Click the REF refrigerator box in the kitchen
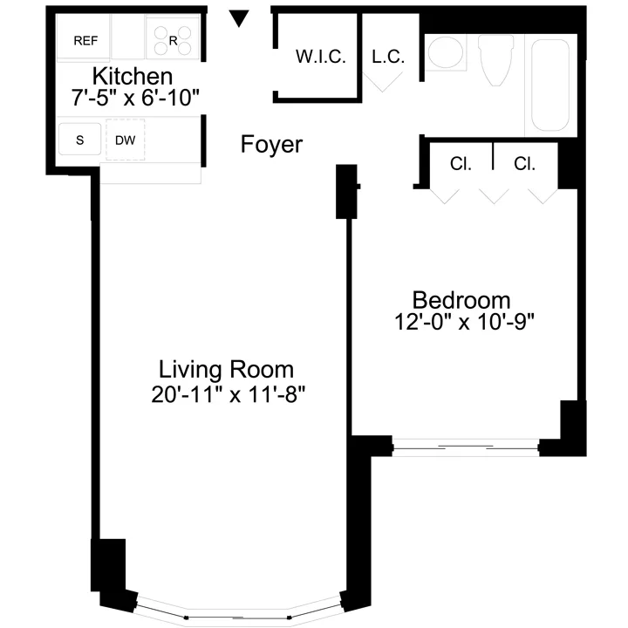84,39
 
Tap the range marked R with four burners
173,39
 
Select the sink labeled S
79,140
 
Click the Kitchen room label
133,76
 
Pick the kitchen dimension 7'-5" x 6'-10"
137,98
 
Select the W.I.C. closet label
321,58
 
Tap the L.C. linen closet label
388,58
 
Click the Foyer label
271,145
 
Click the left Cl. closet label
461,163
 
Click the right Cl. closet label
524,163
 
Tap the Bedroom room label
461,299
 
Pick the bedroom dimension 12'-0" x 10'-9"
463,321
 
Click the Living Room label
225,369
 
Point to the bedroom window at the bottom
466,447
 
